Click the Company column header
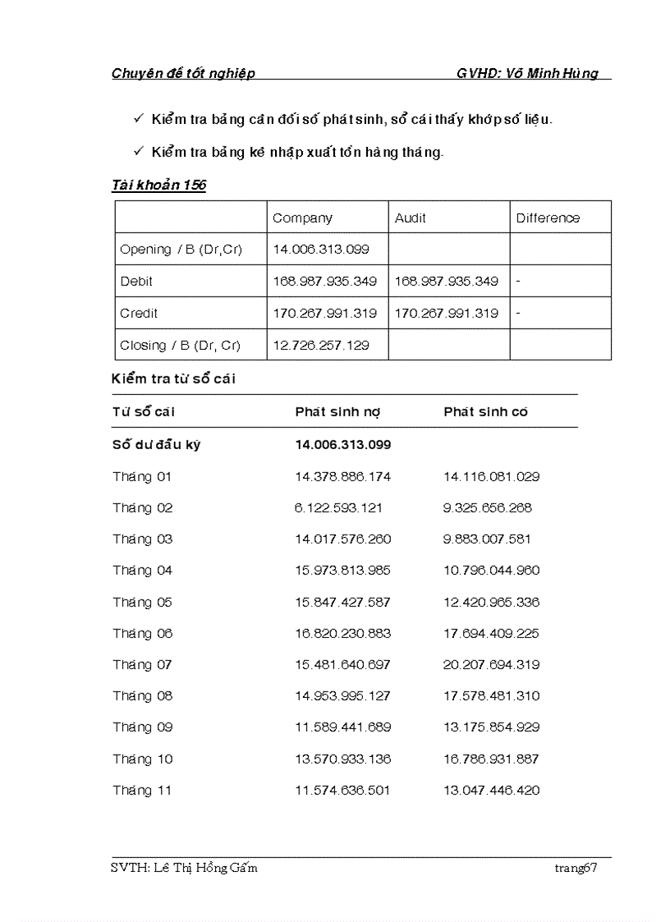point(302,218)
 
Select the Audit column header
point(410,218)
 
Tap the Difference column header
point(548,218)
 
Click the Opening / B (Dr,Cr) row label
point(181,250)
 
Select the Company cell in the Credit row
point(324,314)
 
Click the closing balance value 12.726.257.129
point(320,346)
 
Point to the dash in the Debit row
point(518,281)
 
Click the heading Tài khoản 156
point(158,185)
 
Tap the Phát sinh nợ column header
point(337,412)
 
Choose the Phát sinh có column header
point(485,412)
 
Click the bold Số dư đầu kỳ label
point(156,445)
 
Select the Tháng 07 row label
point(143,665)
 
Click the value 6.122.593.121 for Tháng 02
point(338,508)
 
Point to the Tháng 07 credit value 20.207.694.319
point(491,665)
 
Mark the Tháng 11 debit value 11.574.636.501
point(342,791)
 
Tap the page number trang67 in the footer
point(575,869)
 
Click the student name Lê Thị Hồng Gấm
point(204,869)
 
